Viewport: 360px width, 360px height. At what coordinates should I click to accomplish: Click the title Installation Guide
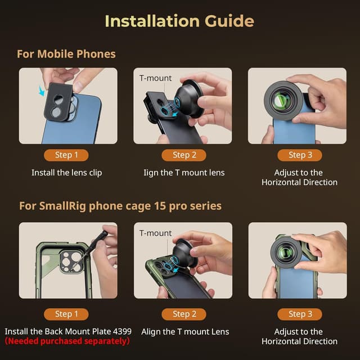click(x=179, y=21)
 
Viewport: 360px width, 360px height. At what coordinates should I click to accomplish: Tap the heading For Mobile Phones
click(x=66, y=54)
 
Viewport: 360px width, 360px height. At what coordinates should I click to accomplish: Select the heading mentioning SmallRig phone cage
click(x=120, y=206)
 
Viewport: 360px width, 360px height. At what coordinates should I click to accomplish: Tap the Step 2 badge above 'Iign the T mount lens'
click(x=181, y=155)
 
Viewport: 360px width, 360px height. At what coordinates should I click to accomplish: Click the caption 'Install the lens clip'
click(x=66, y=173)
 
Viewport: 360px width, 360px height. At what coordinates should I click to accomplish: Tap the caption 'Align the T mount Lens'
click(x=185, y=331)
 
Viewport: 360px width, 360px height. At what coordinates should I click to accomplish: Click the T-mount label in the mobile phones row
click(x=155, y=78)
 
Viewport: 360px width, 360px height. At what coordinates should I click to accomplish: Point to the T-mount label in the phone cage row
click(x=155, y=233)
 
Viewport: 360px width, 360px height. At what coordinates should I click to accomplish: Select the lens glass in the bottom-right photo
click(x=286, y=256)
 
